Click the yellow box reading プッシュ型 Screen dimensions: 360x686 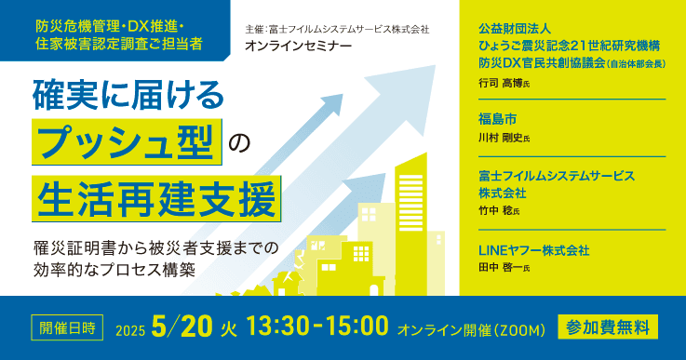pos(127,142)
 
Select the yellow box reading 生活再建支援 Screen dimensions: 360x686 pos(155,197)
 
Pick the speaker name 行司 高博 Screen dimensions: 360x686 pos(499,83)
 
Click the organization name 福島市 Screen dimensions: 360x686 pos(497,118)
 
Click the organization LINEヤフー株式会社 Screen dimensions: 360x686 pos(534,250)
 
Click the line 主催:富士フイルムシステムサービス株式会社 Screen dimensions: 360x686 pos(337,30)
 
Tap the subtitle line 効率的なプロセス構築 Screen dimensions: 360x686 pos(114,271)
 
